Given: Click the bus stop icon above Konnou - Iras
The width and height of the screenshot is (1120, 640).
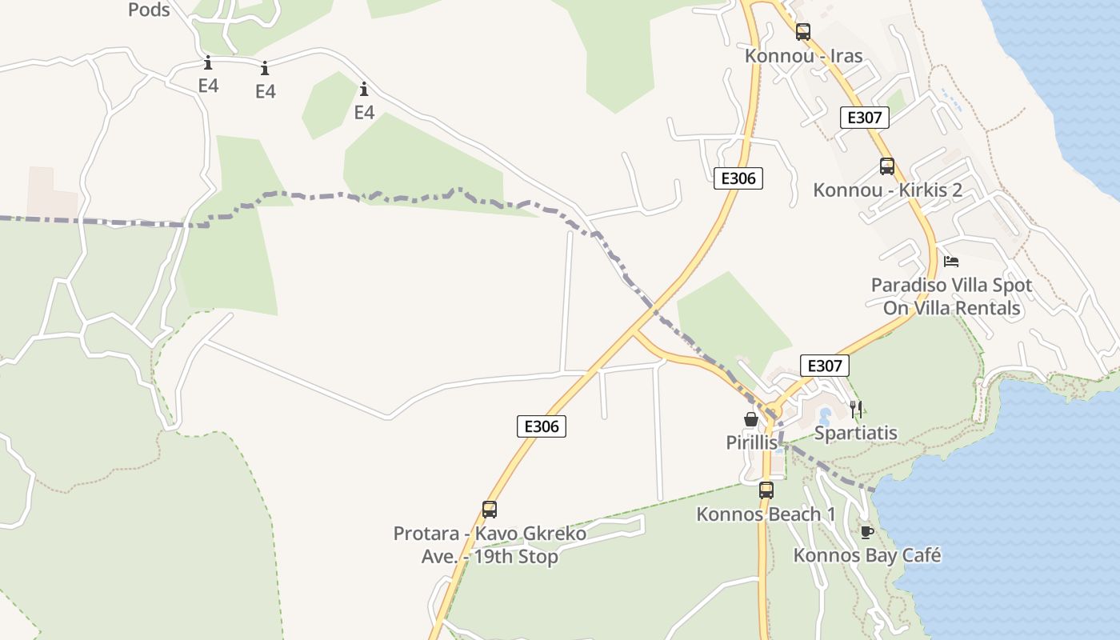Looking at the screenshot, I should pyautogui.click(x=803, y=32).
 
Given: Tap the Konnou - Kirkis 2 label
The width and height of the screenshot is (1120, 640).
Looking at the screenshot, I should pyautogui.click(x=887, y=190).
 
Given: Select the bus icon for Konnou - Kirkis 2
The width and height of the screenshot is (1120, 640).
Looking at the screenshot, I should pyautogui.click(x=887, y=166).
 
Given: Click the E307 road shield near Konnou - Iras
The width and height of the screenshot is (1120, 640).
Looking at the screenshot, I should pyautogui.click(x=865, y=118).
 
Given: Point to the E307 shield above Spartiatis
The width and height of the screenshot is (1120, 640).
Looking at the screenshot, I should pyautogui.click(x=825, y=366).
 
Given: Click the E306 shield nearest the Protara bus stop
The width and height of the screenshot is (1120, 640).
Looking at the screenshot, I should pyautogui.click(x=542, y=426).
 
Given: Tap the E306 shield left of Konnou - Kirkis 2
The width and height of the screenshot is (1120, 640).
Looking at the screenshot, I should pyautogui.click(x=738, y=178).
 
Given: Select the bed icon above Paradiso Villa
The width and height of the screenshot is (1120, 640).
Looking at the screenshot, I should pyautogui.click(x=951, y=262).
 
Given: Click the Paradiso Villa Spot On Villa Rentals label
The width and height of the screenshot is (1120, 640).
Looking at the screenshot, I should pyautogui.click(x=951, y=297).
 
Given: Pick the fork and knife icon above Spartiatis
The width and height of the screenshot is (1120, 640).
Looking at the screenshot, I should pyautogui.click(x=856, y=410).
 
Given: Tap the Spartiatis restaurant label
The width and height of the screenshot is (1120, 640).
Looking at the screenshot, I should pyautogui.click(x=855, y=434).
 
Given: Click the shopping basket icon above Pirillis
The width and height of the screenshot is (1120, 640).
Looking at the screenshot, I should pyautogui.click(x=751, y=419).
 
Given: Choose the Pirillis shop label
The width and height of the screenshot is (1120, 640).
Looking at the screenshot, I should pyautogui.click(x=751, y=442).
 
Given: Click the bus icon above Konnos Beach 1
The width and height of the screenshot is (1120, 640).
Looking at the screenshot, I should pyautogui.click(x=766, y=490).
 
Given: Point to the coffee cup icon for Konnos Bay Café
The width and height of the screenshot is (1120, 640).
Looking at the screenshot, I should pyautogui.click(x=866, y=532).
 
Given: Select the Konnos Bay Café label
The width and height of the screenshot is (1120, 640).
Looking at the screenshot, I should pyautogui.click(x=866, y=555).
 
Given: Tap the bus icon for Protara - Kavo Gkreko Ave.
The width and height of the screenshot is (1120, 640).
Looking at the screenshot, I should pyautogui.click(x=490, y=510).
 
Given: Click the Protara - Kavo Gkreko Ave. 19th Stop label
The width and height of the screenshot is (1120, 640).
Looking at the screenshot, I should pyautogui.click(x=490, y=545).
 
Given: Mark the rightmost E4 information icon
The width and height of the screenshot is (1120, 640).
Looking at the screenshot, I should pyautogui.click(x=364, y=89).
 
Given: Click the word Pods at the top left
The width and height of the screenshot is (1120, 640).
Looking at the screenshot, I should pyautogui.click(x=149, y=10).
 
